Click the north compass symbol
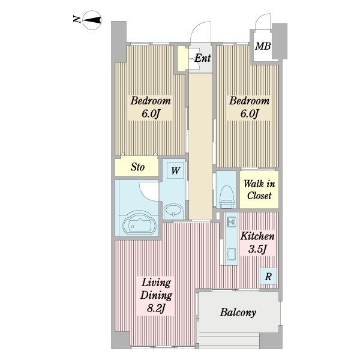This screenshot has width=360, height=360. tap(92, 20)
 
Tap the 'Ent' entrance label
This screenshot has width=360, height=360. tap(202, 58)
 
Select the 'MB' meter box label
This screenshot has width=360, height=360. tap(263, 46)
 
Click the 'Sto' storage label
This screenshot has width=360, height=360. tap(137, 167)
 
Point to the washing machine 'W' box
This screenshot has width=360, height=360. tap(175, 170)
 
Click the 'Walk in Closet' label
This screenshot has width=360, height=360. tap(259, 190)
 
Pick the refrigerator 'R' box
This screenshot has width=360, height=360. tap(268, 277)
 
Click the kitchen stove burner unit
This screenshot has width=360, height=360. tap(231, 222)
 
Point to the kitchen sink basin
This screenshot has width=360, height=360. tap(232, 254)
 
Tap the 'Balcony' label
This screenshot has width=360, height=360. tap(238, 313)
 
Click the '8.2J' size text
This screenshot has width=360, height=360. tap(156, 308)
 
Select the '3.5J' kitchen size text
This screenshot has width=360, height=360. tap(257, 249)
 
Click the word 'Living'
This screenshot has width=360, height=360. tap(156, 283)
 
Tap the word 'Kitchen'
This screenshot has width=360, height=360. tap(257, 236)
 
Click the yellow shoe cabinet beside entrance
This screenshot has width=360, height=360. tap(182, 58)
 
